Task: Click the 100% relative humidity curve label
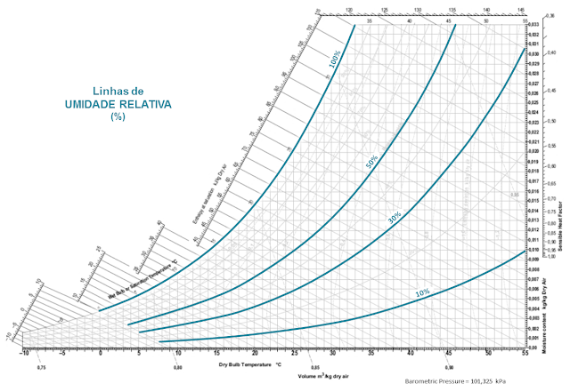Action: (334, 61)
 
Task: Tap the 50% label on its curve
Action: (371, 162)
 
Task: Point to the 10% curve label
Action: (422, 293)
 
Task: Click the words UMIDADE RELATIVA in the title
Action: (118, 104)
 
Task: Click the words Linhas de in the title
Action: (118, 92)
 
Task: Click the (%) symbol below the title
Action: (118, 116)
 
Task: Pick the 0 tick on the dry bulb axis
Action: (101, 354)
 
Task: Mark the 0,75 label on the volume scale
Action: (41, 367)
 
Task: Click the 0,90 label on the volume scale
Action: (449, 367)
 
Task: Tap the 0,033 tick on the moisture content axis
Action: (534, 24)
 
